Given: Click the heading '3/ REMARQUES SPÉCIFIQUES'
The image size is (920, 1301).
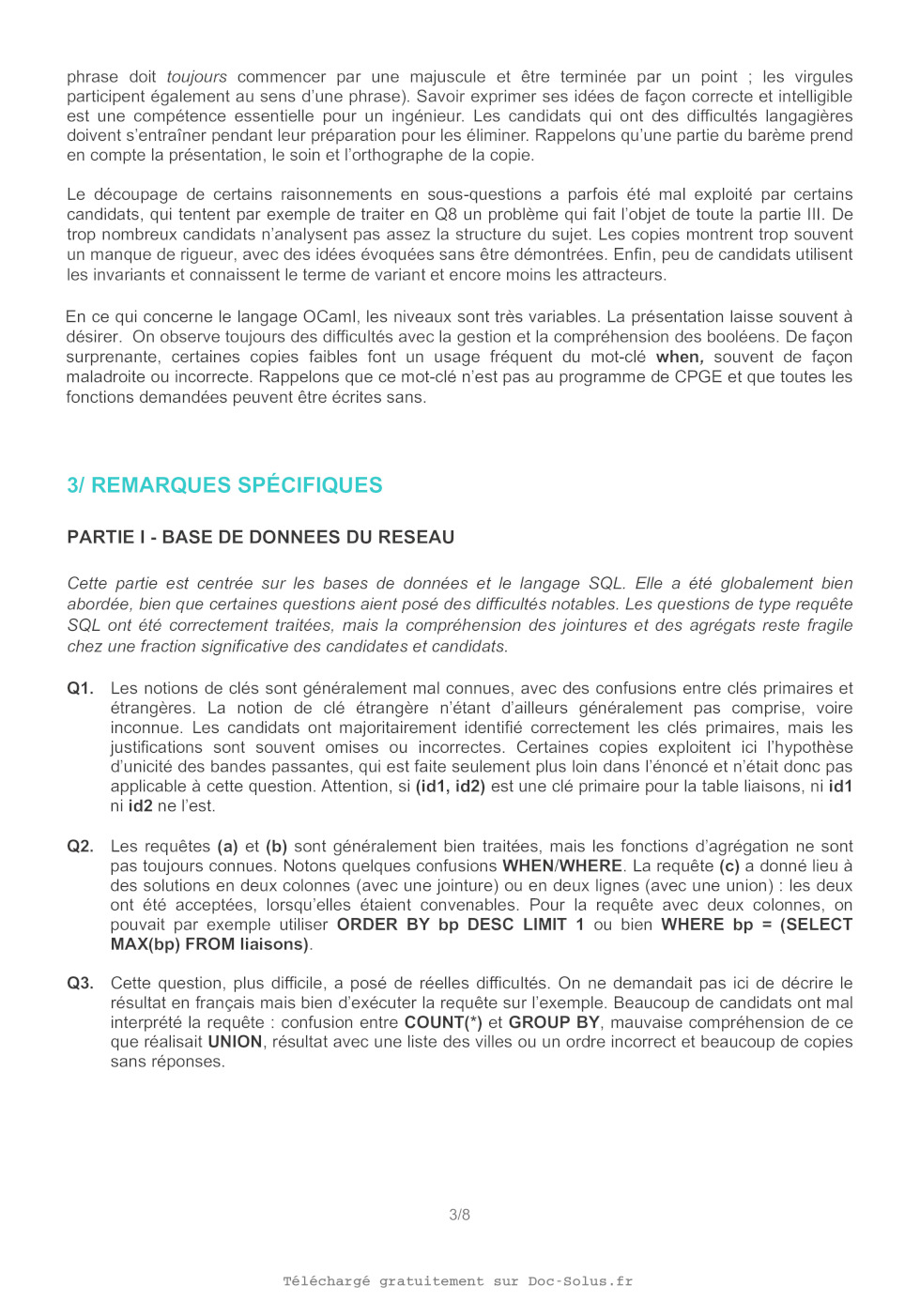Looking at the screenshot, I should pyautogui.click(x=224, y=485).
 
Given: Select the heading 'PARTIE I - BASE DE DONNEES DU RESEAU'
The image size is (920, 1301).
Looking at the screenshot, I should pyautogui.click(x=260, y=537).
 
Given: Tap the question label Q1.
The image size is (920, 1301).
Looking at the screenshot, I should pyautogui.click(x=80, y=688).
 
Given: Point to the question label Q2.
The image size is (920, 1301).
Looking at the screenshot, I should pyautogui.click(x=80, y=846).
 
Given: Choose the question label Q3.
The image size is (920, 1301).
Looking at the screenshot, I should pyautogui.click(x=80, y=983).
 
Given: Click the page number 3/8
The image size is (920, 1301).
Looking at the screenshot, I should pyautogui.click(x=459, y=1215).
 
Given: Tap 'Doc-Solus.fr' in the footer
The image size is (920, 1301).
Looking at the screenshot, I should pyautogui.click(x=580, y=1281).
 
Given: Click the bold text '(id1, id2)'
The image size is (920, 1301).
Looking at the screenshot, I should pyautogui.click(x=451, y=786).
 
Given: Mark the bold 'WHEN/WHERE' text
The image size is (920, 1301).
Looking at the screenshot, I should pyautogui.click(x=562, y=865).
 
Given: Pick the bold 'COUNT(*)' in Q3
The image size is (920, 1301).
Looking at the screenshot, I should pyautogui.click(x=443, y=1022).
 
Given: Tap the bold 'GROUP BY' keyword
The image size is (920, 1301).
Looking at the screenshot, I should pyautogui.click(x=554, y=1022).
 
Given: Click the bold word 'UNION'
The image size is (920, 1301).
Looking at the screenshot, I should pyautogui.click(x=235, y=1042).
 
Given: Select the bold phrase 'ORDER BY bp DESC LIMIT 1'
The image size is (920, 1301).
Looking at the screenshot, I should pyautogui.click(x=460, y=925).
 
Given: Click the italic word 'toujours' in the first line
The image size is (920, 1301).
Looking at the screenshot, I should pyautogui.click(x=197, y=77).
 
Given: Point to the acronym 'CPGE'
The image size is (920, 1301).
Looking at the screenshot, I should pyautogui.click(x=701, y=376).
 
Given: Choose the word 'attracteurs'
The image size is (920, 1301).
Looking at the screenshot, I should pyautogui.click(x=621, y=274).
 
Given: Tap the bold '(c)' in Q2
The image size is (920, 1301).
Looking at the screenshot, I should pyautogui.click(x=729, y=865).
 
